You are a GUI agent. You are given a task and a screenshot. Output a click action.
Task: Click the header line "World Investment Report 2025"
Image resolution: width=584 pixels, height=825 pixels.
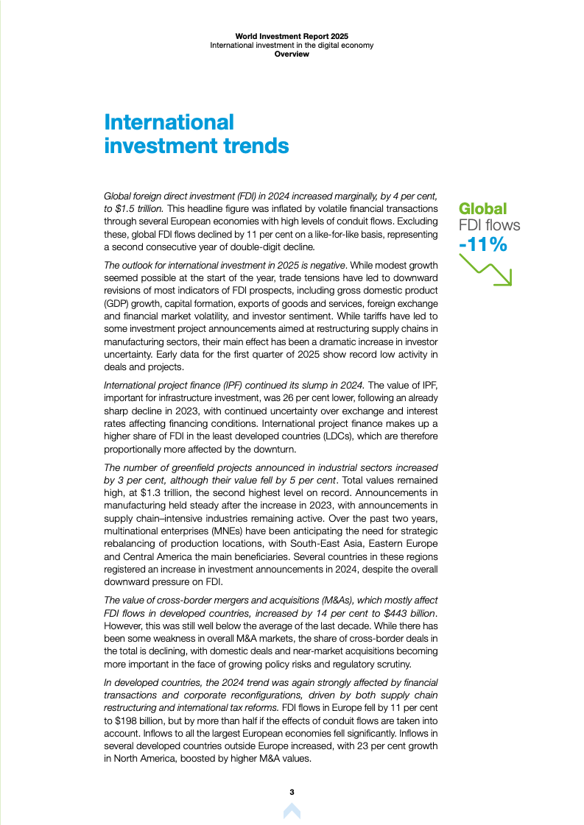292,35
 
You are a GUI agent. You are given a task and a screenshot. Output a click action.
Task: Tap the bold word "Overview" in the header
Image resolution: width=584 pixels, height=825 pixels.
292,54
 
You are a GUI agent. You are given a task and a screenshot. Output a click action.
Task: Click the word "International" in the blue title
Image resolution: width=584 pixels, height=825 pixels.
169,121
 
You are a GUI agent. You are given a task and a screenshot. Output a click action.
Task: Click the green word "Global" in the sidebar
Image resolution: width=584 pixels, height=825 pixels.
483,209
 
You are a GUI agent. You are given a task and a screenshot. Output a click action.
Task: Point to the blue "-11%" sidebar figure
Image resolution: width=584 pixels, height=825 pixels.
482,244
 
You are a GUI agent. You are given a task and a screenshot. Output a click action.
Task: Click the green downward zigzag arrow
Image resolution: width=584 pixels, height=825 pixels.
485,269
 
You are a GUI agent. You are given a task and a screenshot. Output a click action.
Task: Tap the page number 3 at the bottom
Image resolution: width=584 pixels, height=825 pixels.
292,792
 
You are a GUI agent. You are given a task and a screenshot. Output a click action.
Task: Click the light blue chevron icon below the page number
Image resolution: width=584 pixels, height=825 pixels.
292,811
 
